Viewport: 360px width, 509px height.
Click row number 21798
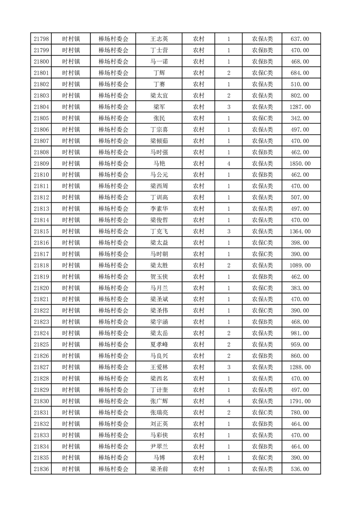click(x=41, y=39)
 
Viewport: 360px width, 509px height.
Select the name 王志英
click(x=159, y=39)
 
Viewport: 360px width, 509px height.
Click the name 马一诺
click(x=159, y=62)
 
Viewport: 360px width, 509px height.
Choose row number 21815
click(x=41, y=231)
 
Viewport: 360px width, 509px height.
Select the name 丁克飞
click(x=159, y=231)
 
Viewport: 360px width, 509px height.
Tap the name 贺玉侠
click(x=159, y=277)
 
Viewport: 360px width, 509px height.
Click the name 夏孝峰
click(x=159, y=344)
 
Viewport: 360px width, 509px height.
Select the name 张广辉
click(x=159, y=401)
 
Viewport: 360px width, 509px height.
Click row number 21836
click(x=41, y=469)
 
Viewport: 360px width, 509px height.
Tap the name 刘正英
click(x=159, y=424)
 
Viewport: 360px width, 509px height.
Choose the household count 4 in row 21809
click(x=228, y=163)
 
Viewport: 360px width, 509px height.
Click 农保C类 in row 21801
click(x=262, y=73)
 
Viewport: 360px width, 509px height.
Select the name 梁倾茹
click(x=159, y=141)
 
